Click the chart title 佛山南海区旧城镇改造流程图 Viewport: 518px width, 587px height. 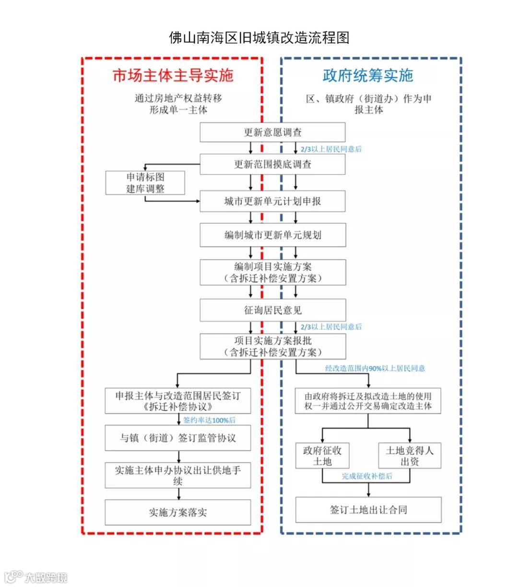259,37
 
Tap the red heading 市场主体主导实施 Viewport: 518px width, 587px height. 173,75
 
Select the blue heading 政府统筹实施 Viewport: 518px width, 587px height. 368,75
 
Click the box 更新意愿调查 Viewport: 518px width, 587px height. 272,132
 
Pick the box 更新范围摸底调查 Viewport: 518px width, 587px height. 272,164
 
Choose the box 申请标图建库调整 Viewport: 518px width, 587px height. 145,183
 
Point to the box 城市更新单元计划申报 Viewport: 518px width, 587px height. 272,202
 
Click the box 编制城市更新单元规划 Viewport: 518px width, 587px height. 272,235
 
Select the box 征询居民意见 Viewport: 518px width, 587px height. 272,311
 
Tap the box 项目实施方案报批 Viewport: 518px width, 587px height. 272,347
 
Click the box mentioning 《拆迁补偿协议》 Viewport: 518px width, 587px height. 177,401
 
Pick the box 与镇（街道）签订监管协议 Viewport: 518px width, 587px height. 177,438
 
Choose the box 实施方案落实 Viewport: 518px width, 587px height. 177,512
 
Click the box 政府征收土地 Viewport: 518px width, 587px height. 322,455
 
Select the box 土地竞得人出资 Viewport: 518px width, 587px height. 410,455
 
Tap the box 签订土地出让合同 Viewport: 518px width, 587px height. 368,510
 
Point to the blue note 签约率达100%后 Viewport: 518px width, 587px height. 210,420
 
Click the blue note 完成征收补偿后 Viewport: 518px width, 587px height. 367,476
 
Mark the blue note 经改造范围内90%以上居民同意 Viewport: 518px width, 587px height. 375,369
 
